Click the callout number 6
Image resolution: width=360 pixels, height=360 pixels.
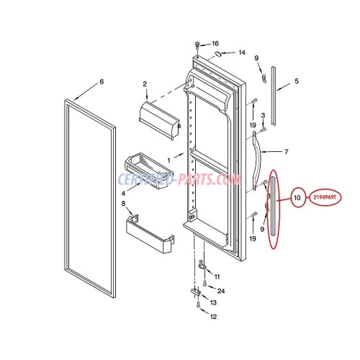[x=102, y=82]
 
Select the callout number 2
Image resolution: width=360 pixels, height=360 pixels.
[x=145, y=84]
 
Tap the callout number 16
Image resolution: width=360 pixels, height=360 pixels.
[x=215, y=44]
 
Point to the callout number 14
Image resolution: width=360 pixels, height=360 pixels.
[x=242, y=53]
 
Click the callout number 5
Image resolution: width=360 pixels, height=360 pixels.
[x=297, y=81]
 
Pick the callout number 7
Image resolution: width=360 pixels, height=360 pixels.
[x=286, y=152]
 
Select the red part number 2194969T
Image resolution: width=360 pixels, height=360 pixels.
[x=325, y=197]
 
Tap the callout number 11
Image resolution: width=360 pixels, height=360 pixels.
[x=217, y=276]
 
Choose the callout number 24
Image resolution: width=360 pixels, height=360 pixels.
[x=221, y=291]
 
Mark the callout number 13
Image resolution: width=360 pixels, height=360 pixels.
[x=213, y=303]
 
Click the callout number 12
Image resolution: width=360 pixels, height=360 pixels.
[x=213, y=316]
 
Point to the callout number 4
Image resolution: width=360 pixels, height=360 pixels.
[x=123, y=194]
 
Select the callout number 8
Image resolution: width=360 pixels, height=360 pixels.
[x=123, y=203]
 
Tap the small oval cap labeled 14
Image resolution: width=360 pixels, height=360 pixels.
[x=217, y=54]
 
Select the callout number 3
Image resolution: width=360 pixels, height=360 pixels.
[x=263, y=116]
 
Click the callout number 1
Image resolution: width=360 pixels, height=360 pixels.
[x=169, y=160]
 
